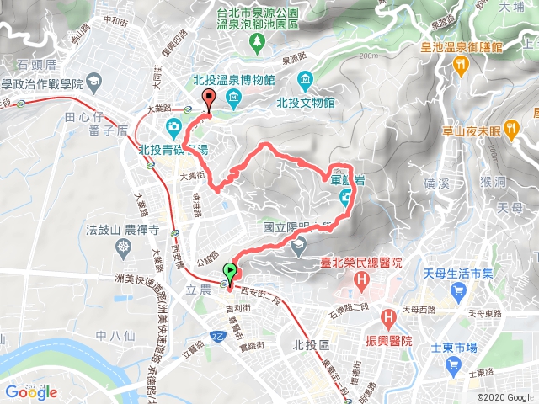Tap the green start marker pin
point(229,271)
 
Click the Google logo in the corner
point(30,391)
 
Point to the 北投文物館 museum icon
point(304,82)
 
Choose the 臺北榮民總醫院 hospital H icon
point(363,279)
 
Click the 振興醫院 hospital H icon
point(388,319)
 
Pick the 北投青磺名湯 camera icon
point(173,127)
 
